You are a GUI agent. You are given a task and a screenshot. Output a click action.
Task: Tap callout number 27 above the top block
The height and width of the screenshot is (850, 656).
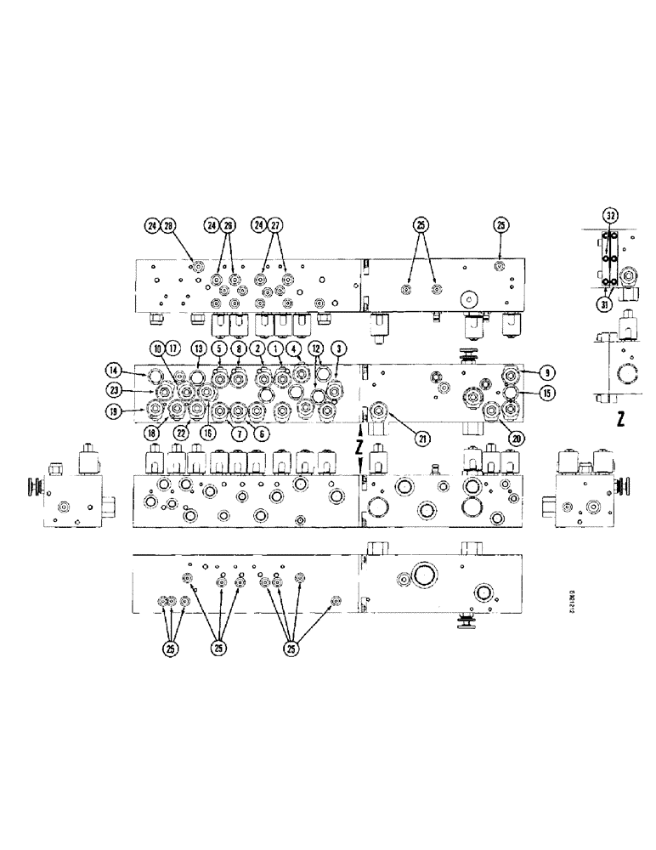[275, 226]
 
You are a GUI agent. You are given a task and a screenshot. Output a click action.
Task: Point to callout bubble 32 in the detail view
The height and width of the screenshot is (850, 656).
[610, 214]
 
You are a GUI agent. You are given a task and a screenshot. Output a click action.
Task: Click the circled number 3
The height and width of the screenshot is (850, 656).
[337, 348]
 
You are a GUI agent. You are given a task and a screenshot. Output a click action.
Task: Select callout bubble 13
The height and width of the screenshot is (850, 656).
[199, 348]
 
